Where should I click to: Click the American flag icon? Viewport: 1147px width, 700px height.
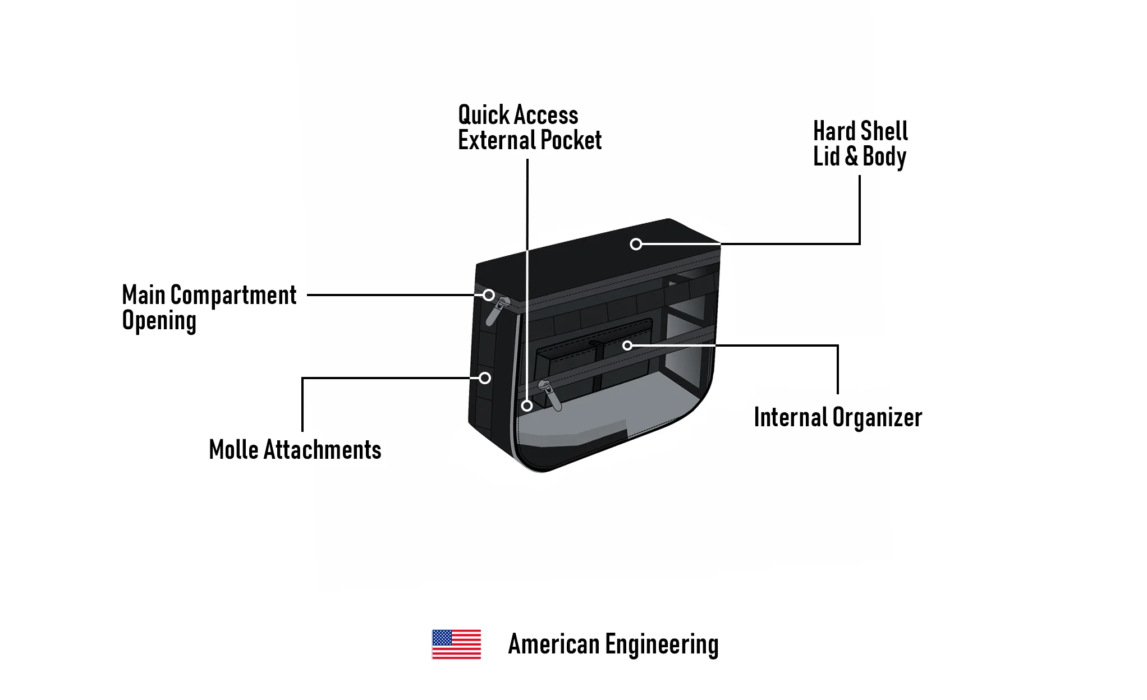pos(456,644)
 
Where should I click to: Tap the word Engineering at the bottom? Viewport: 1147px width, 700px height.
pos(662,644)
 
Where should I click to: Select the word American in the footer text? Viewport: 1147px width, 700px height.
pos(554,644)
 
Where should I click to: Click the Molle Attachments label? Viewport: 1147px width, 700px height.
pos(295,450)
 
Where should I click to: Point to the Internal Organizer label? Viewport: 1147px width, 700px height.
pos(838,417)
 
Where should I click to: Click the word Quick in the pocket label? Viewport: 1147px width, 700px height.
pos(483,115)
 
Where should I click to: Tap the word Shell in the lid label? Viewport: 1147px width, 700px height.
pos(884,131)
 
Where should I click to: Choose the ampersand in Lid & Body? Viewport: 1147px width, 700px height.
pos(851,156)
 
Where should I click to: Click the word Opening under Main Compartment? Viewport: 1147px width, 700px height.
pos(159,321)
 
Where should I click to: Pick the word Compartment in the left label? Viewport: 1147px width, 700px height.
pos(233,295)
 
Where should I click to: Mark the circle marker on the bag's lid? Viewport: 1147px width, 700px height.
pos(636,244)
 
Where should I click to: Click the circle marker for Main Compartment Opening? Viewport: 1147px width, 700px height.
pos(489,295)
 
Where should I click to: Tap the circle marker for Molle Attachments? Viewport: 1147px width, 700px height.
pos(485,378)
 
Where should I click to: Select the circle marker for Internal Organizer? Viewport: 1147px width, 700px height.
pos(627,346)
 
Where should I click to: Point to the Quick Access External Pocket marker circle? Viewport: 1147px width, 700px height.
pos(527,406)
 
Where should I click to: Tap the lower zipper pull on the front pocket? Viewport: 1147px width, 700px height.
pos(550,395)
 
